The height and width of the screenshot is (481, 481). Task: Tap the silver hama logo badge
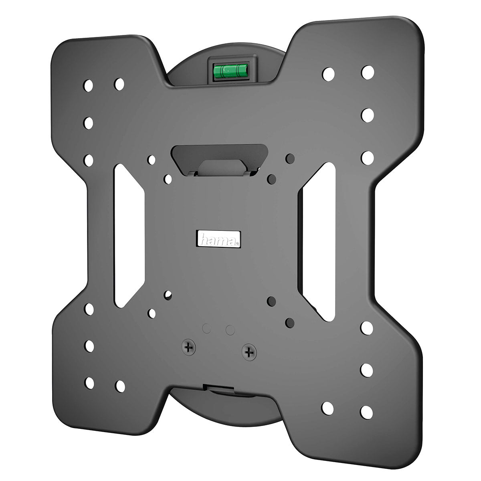218,239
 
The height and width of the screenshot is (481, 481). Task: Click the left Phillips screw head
189,347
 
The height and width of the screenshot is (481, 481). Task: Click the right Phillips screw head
249,352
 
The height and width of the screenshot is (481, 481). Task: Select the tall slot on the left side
129,236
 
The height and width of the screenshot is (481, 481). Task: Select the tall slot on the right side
319,242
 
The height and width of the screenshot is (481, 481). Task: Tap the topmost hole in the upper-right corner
368,73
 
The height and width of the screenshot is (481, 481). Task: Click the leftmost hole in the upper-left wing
88,86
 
